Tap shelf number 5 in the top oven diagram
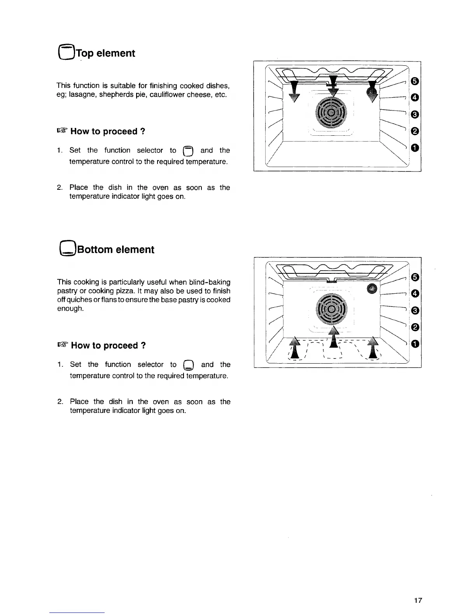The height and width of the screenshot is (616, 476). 415,81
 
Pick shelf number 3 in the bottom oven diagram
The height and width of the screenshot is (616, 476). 415,310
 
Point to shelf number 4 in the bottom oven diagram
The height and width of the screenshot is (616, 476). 415,294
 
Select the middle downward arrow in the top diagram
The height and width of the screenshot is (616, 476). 333,87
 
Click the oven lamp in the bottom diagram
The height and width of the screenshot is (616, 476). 373,288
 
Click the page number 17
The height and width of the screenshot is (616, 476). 418,600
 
